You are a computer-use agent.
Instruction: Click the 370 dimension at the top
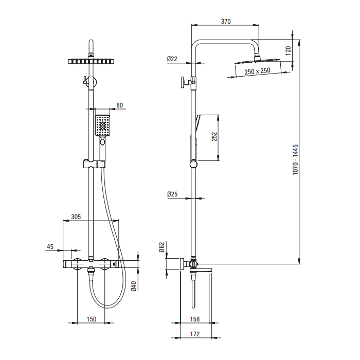[226, 22]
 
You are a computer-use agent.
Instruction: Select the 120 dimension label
[288, 50]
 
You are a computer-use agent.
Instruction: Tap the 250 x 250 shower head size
[257, 71]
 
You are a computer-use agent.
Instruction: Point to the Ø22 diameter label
[172, 59]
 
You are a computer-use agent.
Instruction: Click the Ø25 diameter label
[172, 194]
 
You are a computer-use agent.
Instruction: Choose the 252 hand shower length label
[214, 137]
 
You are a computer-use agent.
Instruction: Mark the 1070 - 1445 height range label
[295, 159]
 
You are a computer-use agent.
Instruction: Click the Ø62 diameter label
[161, 247]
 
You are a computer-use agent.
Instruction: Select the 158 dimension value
[195, 319]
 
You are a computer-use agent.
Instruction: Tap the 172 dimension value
[195, 334]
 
